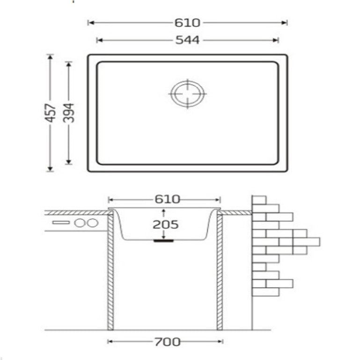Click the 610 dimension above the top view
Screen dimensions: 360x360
(x=187, y=22)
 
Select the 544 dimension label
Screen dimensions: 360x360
(x=187, y=40)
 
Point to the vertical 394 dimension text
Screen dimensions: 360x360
(x=69, y=113)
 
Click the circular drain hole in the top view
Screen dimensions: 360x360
(x=188, y=93)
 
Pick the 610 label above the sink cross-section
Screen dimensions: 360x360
(x=167, y=199)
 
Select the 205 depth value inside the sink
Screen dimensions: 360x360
(x=165, y=224)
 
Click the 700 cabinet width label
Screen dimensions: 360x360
(x=167, y=342)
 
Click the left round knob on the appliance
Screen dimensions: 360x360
(x=80, y=223)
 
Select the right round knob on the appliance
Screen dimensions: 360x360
(x=92, y=223)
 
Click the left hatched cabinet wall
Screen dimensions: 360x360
(x=111, y=272)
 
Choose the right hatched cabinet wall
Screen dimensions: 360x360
(x=219, y=272)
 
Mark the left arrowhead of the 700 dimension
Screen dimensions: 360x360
(x=110, y=342)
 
